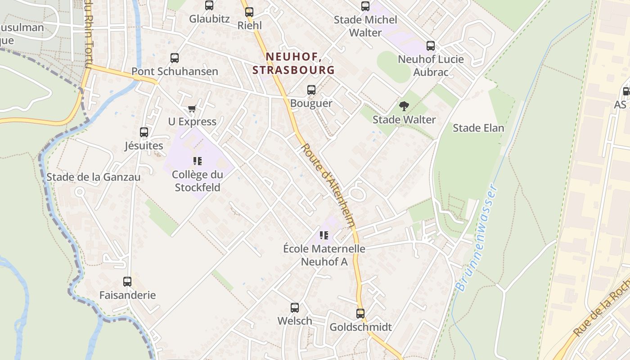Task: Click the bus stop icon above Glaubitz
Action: point(209,5)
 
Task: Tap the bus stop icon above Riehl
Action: point(249,12)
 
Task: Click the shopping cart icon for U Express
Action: point(192,108)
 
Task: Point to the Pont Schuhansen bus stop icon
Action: point(175,58)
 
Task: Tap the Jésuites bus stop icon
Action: point(144,132)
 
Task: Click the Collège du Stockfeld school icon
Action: point(197,161)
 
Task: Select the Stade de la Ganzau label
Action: point(94,177)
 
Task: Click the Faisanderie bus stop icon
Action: point(127,282)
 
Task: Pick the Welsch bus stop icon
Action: point(295,308)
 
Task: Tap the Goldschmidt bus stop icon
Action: point(360,314)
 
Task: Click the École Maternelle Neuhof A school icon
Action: point(324,235)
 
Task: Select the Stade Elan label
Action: point(478,128)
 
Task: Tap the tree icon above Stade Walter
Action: point(404,106)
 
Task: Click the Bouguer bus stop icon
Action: point(311,90)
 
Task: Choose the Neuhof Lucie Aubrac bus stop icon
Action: point(431,45)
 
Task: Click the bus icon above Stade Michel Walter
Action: point(365,6)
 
